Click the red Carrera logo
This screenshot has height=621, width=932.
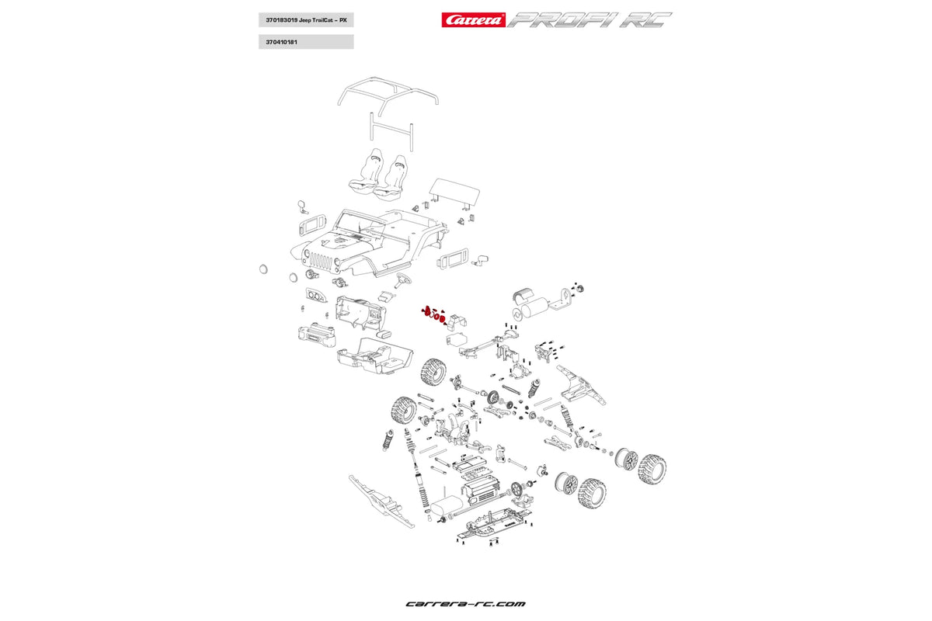point(474,20)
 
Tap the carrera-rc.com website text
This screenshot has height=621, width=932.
point(465,603)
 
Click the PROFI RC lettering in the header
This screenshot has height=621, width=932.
point(590,20)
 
